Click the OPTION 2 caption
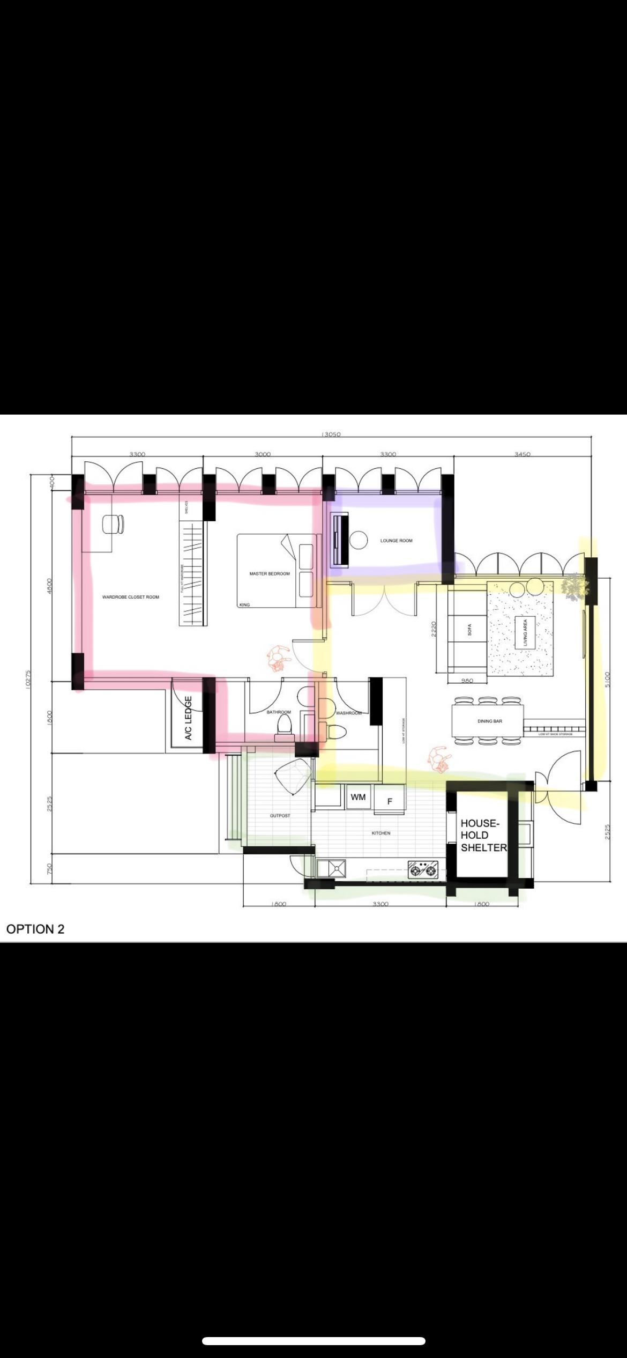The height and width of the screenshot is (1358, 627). coord(35,929)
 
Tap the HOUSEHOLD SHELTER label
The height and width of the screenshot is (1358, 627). coord(482,835)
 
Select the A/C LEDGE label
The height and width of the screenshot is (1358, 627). coord(188,718)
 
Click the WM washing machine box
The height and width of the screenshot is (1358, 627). coord(358,797)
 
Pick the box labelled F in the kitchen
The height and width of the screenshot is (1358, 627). coord(390,801)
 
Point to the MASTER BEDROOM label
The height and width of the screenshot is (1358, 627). coord(269,573)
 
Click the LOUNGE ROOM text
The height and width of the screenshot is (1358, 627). coord(396,541)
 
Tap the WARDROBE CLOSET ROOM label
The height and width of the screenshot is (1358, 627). coord(131,597)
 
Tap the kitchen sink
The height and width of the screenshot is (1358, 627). coord(331,868)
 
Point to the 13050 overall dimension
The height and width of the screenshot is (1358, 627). coord(331,434)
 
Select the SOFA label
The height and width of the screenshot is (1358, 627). coord(469,630)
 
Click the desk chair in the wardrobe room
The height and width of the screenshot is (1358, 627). coord(112,524)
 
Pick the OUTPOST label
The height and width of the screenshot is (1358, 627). coord(280,816)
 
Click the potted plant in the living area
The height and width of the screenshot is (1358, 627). coord(574,585)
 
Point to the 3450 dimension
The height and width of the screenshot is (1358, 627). coord(522,454)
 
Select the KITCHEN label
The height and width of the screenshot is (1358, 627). coord(380,833)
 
